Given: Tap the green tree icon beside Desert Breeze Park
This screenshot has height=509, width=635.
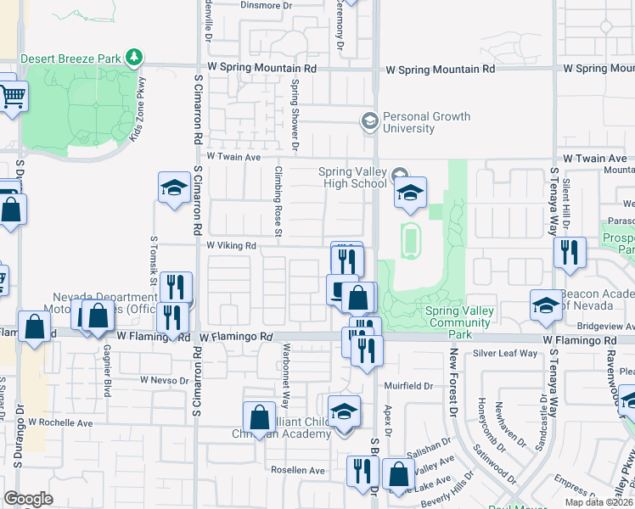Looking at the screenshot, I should pos(133,57).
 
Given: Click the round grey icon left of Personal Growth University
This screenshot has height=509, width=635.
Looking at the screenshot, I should pos(369,121).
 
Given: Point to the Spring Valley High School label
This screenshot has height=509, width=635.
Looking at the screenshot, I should pos(352,177).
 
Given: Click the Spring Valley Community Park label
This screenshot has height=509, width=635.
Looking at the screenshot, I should pos(460,317).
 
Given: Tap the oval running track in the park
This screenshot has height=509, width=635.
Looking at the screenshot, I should pos(410,240).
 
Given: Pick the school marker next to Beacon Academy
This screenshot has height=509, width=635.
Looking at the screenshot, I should pos(546,305).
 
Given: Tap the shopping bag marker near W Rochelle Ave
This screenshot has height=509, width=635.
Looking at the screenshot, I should pos(259,417).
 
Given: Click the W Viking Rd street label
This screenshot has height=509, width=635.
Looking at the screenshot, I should pos(232,246).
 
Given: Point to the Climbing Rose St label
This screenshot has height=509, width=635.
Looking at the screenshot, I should pos(278,201).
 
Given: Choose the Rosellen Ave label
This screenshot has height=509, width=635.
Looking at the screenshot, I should pos(298,470).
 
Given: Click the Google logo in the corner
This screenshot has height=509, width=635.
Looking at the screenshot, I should pos(29,499).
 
